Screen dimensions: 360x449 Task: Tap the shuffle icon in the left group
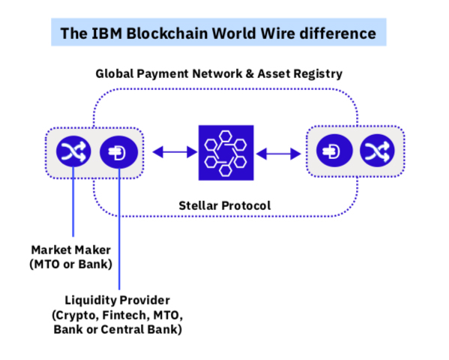[x=73, y=153]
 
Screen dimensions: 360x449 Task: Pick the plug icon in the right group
[x=331, y=153]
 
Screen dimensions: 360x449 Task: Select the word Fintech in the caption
[x=127, y=315]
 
